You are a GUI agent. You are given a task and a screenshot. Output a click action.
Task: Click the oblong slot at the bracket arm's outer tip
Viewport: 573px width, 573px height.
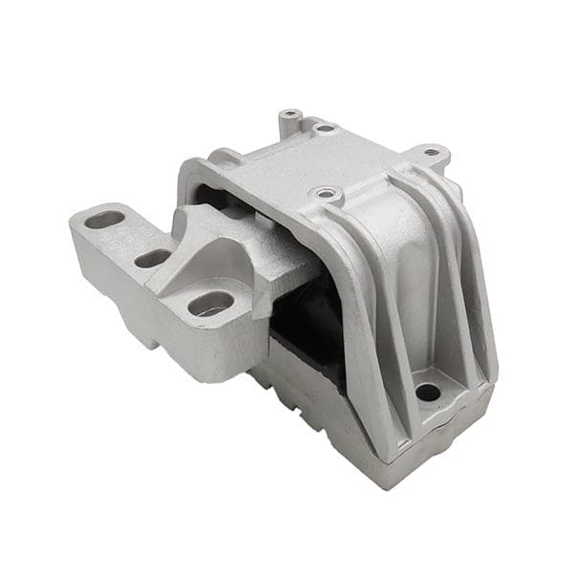coord(105,220)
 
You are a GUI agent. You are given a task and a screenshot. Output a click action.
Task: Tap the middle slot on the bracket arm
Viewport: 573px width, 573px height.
coord(152,258)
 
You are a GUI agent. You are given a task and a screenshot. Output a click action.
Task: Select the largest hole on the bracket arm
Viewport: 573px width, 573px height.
coord(211,304)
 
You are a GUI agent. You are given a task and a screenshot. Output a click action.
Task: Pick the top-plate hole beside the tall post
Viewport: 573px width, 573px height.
coord(325,127)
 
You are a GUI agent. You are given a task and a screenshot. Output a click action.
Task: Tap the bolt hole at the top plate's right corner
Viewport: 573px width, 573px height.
coord(432,151)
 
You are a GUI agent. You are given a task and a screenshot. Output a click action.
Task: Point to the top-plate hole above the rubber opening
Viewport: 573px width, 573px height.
coord(327,195)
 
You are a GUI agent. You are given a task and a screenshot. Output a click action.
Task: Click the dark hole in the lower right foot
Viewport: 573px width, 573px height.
coord(428,392)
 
